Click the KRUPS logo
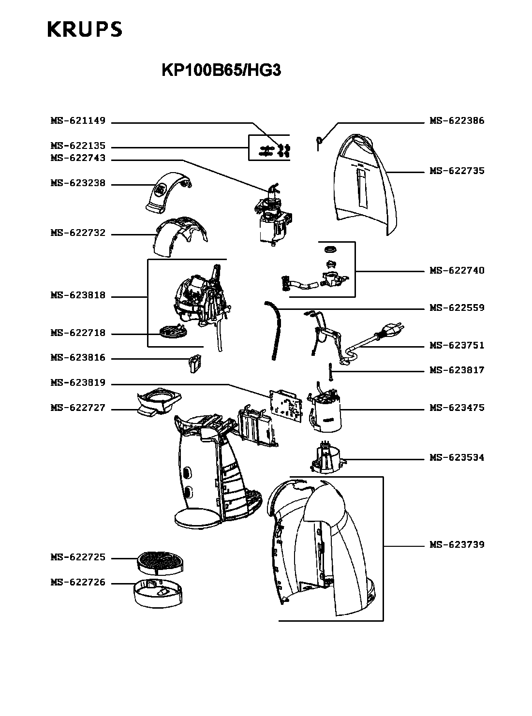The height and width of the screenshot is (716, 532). click(85, 29)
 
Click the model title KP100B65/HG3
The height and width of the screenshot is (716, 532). click(221, 71)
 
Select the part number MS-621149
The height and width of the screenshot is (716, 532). click(78, 121)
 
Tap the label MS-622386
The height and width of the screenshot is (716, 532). click(457, 121)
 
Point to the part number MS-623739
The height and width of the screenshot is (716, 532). click(457, 545)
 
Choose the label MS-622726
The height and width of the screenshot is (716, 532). click(78, 583)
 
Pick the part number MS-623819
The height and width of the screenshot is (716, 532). click(78, 383)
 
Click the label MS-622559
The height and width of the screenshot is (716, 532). click(457, 308)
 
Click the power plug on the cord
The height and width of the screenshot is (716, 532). click(391, 331)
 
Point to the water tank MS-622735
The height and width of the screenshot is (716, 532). click(365, 184)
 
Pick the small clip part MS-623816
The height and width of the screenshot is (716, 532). click(194, 363)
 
